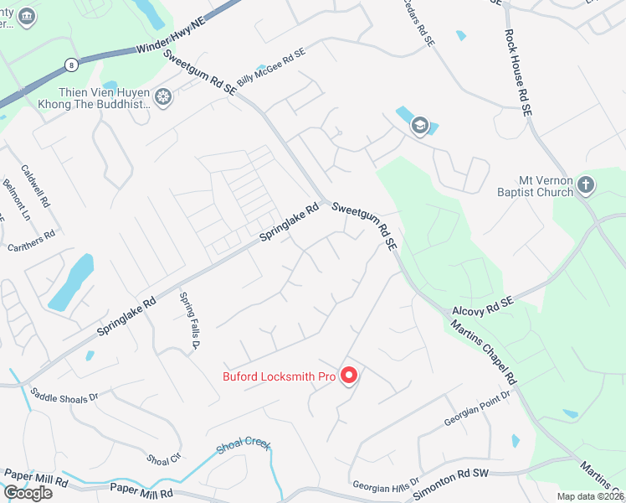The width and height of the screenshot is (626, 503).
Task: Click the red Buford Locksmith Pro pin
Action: coord(349,376)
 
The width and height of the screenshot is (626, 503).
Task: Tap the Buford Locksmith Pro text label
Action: coord(279,376)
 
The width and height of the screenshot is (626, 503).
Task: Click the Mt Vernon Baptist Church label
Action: coord(546,186)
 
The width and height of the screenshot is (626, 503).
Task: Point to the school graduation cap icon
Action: coord(420,127)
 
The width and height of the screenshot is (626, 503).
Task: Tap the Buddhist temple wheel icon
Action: coord(163,98)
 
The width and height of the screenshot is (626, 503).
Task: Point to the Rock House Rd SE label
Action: coord(517,70)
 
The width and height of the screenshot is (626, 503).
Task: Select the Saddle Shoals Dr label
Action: coord(64,394)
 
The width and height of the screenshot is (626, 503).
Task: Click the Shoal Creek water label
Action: coord(244,445)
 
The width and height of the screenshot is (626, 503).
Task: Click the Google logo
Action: coord(28,493)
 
